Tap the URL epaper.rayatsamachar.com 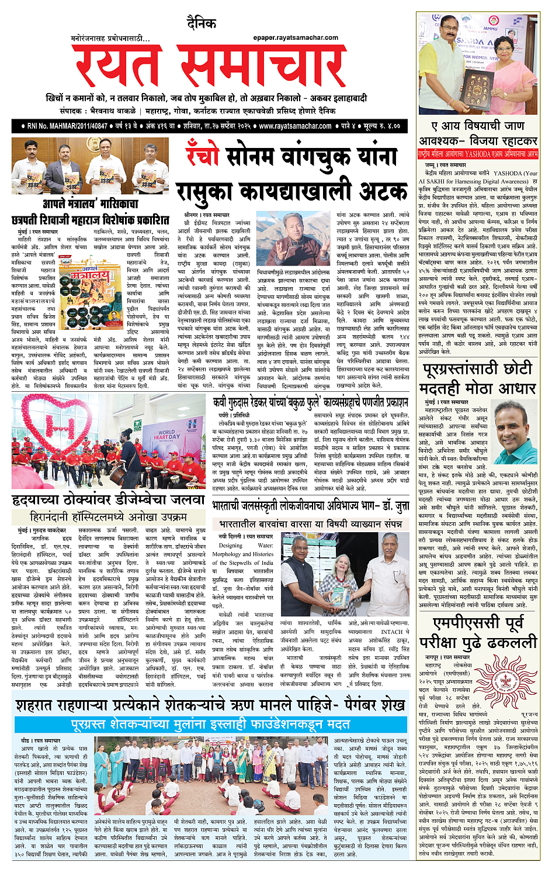296,37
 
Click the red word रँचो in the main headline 202,156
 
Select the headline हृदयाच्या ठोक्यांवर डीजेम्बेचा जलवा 108,500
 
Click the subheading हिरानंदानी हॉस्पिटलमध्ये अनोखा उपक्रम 108,517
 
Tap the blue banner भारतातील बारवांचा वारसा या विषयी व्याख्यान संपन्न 311,524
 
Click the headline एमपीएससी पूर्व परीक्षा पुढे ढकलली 484,633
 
